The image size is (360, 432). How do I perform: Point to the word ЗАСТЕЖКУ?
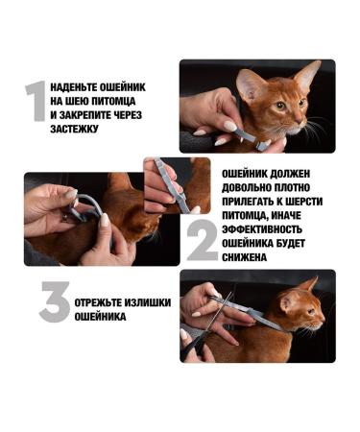(75, 126)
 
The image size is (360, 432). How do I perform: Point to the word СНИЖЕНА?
(249, 257)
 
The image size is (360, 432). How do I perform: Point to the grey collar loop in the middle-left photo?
(88, 205)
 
